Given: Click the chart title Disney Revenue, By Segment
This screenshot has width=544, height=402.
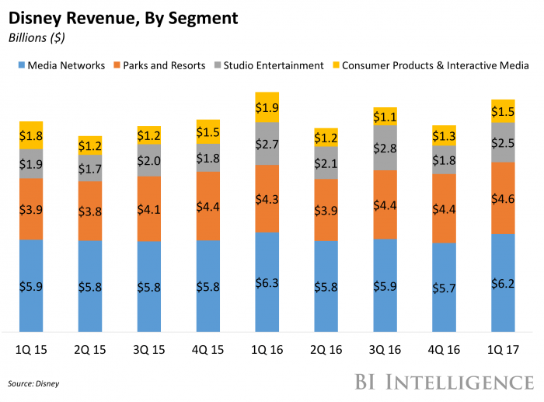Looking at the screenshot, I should [x=123, y=16].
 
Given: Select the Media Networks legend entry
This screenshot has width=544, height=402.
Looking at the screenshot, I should [x=61, y=65].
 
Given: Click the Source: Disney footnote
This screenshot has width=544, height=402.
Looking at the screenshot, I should [x=33, y=383].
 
